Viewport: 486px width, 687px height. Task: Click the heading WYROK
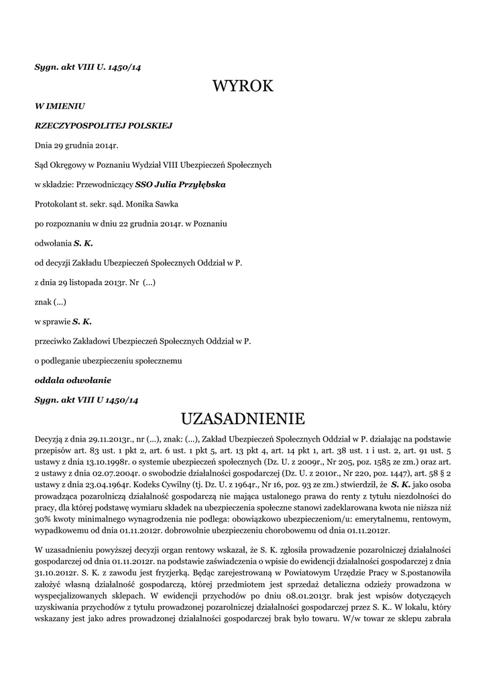(243, 86)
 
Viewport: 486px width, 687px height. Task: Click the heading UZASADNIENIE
(243, 419)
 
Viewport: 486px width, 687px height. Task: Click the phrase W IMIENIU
(60, 105)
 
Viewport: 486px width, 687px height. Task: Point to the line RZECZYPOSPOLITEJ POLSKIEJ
(104, 125)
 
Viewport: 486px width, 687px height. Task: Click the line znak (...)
(50, 302)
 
